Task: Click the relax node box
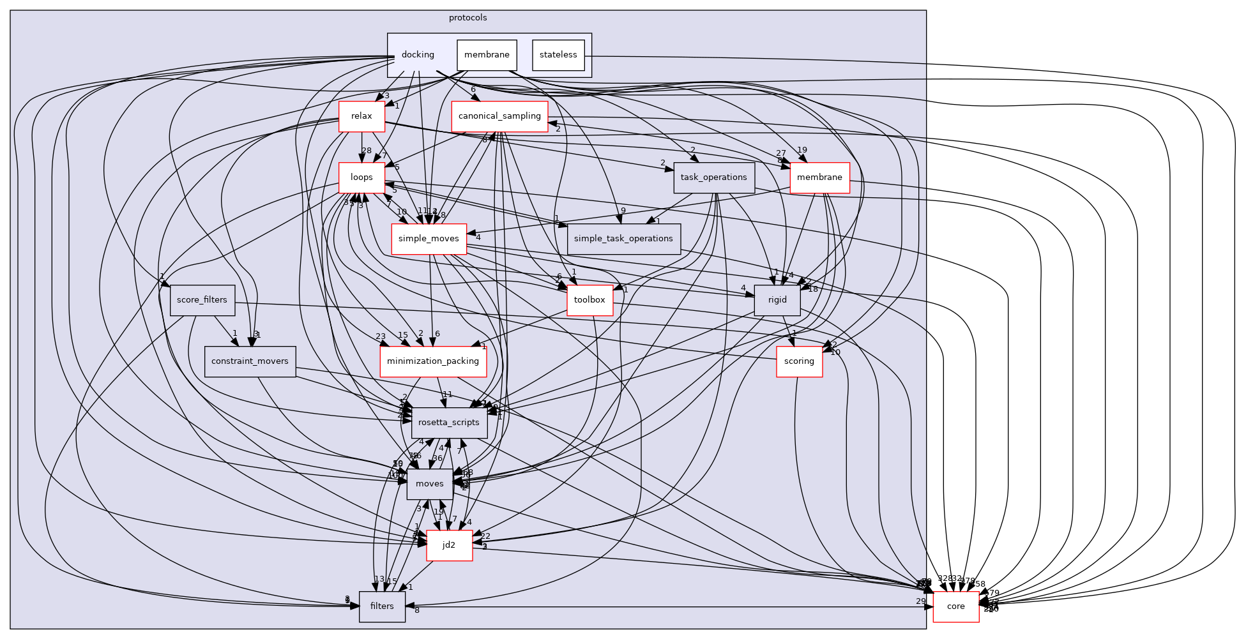(361, 116)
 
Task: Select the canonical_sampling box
(499, 116)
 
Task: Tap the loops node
(361, 177)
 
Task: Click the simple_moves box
(429, 239)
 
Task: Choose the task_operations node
(714, 177)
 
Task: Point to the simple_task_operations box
(623, 239)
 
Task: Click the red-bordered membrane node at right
(819, 177)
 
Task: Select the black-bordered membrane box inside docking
(487, 55)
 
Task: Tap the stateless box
(558, 55)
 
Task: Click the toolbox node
(589, 300)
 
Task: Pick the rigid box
(777, 300)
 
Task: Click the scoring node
(799, 361)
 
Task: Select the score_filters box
(202, 300)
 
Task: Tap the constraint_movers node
(250, 361)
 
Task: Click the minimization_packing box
(433, 361)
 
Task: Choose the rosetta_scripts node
(449, 423)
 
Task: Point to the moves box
(429, 484)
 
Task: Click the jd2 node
(449, 545)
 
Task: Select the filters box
(382, 606)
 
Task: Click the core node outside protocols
(955, 606)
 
